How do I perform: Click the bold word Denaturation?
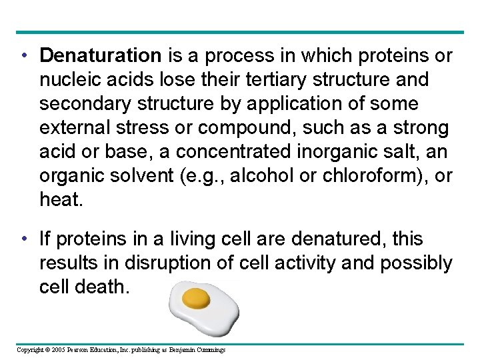point(100,56)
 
